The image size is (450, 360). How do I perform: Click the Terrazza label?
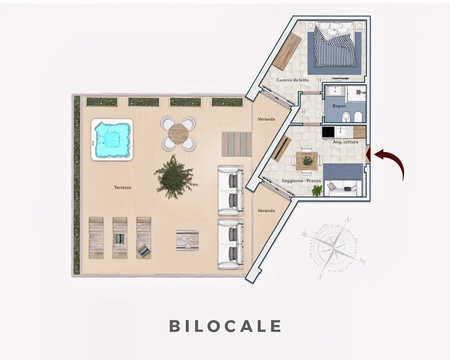(x=123, y=187)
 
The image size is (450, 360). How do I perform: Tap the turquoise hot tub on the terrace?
(x=112, y=139)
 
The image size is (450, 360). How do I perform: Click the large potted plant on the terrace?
(x=175, y=177)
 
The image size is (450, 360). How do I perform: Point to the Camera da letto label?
(x=292, y=80)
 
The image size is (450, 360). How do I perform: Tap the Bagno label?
(x=339, y=106)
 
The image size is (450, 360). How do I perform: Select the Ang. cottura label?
(x=345, y=142)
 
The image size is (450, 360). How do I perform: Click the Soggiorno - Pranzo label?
(x=301, y=181)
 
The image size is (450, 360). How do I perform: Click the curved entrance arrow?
(x=390, y=162)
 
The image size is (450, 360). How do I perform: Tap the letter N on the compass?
(x=348, y=221)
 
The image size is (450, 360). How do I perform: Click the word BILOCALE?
(x=225, y=326)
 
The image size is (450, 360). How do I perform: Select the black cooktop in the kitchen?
(x=328, y=132)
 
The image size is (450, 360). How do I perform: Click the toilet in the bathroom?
(x=358, y=117)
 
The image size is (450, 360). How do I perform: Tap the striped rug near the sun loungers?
(x=187, y=240)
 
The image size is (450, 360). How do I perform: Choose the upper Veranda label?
(x=266, y=119)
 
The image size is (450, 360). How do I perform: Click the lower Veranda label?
(x=266, y=211)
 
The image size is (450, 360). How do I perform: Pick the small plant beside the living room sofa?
(x=317, y=190)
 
